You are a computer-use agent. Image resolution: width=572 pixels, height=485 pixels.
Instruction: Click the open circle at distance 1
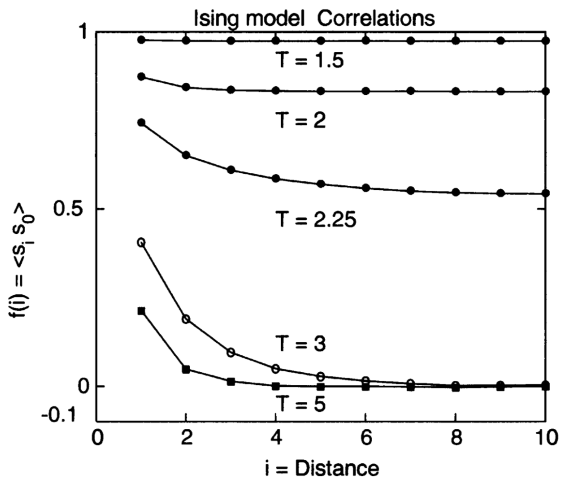tap(141, 242)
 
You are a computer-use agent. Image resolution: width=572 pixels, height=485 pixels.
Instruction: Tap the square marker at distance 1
tap(141, 311)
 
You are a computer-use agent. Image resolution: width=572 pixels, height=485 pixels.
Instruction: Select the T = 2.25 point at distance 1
tap(141, 122)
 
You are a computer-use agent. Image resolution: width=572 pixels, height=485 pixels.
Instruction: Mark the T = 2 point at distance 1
tap(141, 76)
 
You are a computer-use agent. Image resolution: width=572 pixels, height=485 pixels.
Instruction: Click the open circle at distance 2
tap(186, 319)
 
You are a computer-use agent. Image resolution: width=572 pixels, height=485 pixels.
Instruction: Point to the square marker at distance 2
tap(186, 369)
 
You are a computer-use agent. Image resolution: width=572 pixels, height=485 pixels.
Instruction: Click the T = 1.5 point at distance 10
tap(545, 41)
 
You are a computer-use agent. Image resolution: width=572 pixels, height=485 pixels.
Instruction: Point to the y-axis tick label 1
tap(83, 32)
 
